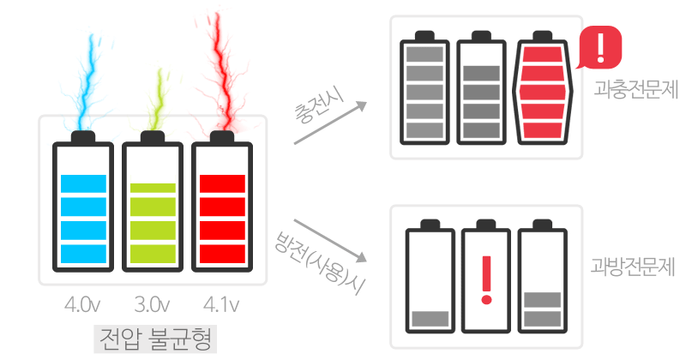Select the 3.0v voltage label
[153, 305]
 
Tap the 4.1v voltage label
[222, 305]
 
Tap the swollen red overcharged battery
[542, 90]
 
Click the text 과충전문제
[629, 89]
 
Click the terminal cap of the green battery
[153, 138]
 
